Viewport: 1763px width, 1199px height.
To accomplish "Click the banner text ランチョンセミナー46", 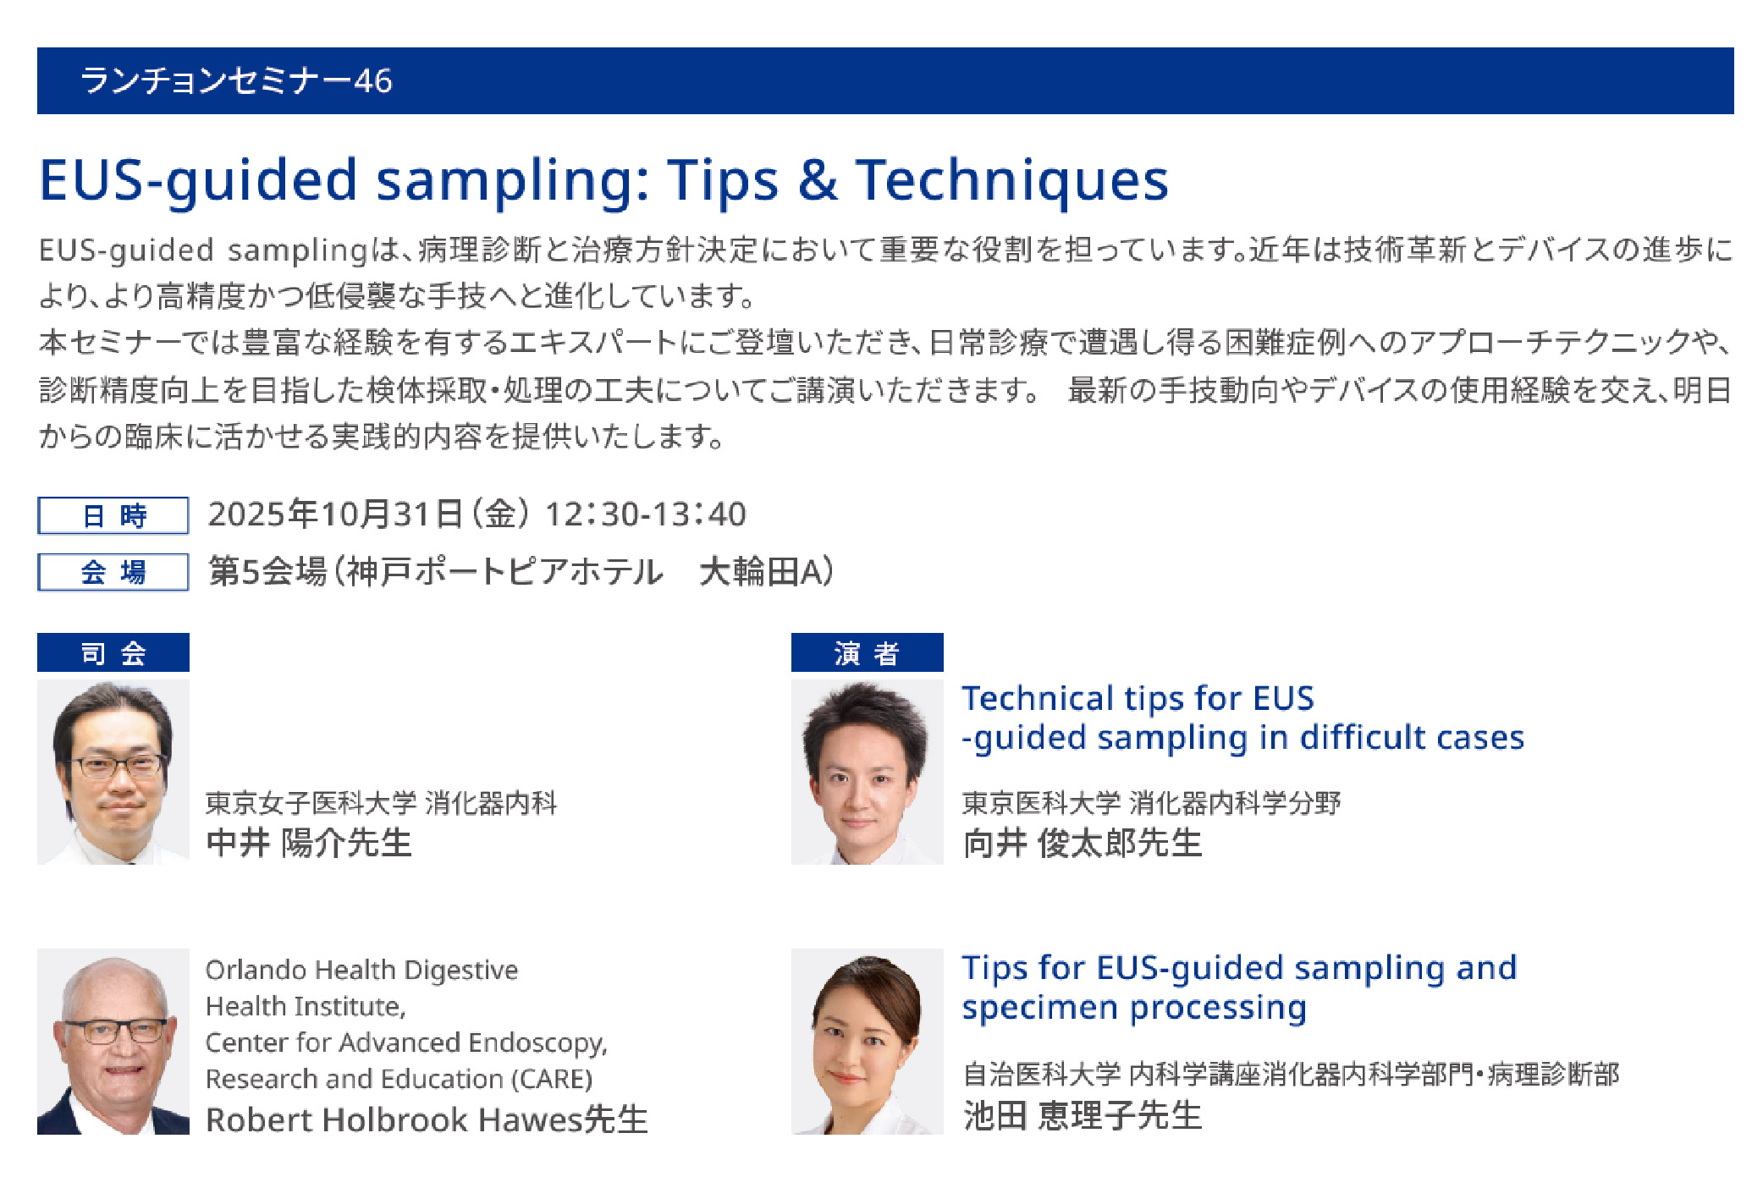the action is point(236,81).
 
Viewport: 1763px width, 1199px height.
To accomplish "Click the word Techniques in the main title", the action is point(1011,181).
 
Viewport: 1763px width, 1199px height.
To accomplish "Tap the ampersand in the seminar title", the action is point(817,179).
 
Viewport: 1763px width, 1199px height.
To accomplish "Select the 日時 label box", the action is point(113,515).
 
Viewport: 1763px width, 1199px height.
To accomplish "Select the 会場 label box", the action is point(113,572).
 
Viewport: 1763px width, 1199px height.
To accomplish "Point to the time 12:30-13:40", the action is point(646,514).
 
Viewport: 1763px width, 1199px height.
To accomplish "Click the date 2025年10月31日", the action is point(335,514).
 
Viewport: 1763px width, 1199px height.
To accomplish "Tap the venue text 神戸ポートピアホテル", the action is point(504,572).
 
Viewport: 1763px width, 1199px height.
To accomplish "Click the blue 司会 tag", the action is point(113,652).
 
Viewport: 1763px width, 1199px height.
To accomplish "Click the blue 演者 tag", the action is point(867,652).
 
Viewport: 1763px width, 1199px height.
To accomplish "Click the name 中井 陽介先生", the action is point(309,843).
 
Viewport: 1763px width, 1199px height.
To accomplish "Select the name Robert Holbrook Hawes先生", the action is point(427,1119).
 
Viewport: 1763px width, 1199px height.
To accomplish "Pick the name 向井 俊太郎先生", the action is point(1083,843).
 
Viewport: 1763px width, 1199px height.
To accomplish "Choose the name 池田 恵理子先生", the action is point(1083,1115).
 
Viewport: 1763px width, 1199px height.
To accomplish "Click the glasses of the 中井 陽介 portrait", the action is point(118,766).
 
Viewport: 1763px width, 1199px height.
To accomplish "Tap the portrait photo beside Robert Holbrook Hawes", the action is point(113,1042).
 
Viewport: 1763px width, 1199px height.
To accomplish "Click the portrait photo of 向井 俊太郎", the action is point(867,772).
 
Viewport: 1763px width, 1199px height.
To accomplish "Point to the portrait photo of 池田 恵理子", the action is point(867,1042).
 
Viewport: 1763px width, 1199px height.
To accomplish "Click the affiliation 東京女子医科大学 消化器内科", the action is point(382,803).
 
